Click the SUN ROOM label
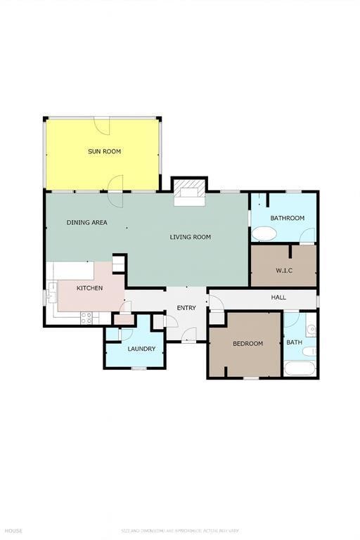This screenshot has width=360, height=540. [x=104, y=151]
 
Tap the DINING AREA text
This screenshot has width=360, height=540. [x=87, y=222]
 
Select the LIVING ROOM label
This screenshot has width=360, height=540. [x=190, y=237]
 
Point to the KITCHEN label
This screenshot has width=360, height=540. [x=89, y=288]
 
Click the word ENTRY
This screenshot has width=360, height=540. [x=186, y=308]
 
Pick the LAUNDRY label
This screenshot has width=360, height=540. [x=141, y=349]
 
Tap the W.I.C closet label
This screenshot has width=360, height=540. [x=284, y=270]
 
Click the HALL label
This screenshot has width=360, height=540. [x=278, y=297]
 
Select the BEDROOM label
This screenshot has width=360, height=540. [x=247, y=343]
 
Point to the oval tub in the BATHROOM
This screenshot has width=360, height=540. [x=264, y=233]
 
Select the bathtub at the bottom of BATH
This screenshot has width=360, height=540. [x=300, y=368]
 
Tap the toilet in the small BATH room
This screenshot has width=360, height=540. [x=309, y=351]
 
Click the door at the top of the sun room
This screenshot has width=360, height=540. [x=103, y=124]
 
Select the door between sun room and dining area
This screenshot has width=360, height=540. [x=115, y=184]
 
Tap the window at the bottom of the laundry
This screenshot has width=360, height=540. [x=139, y=368]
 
